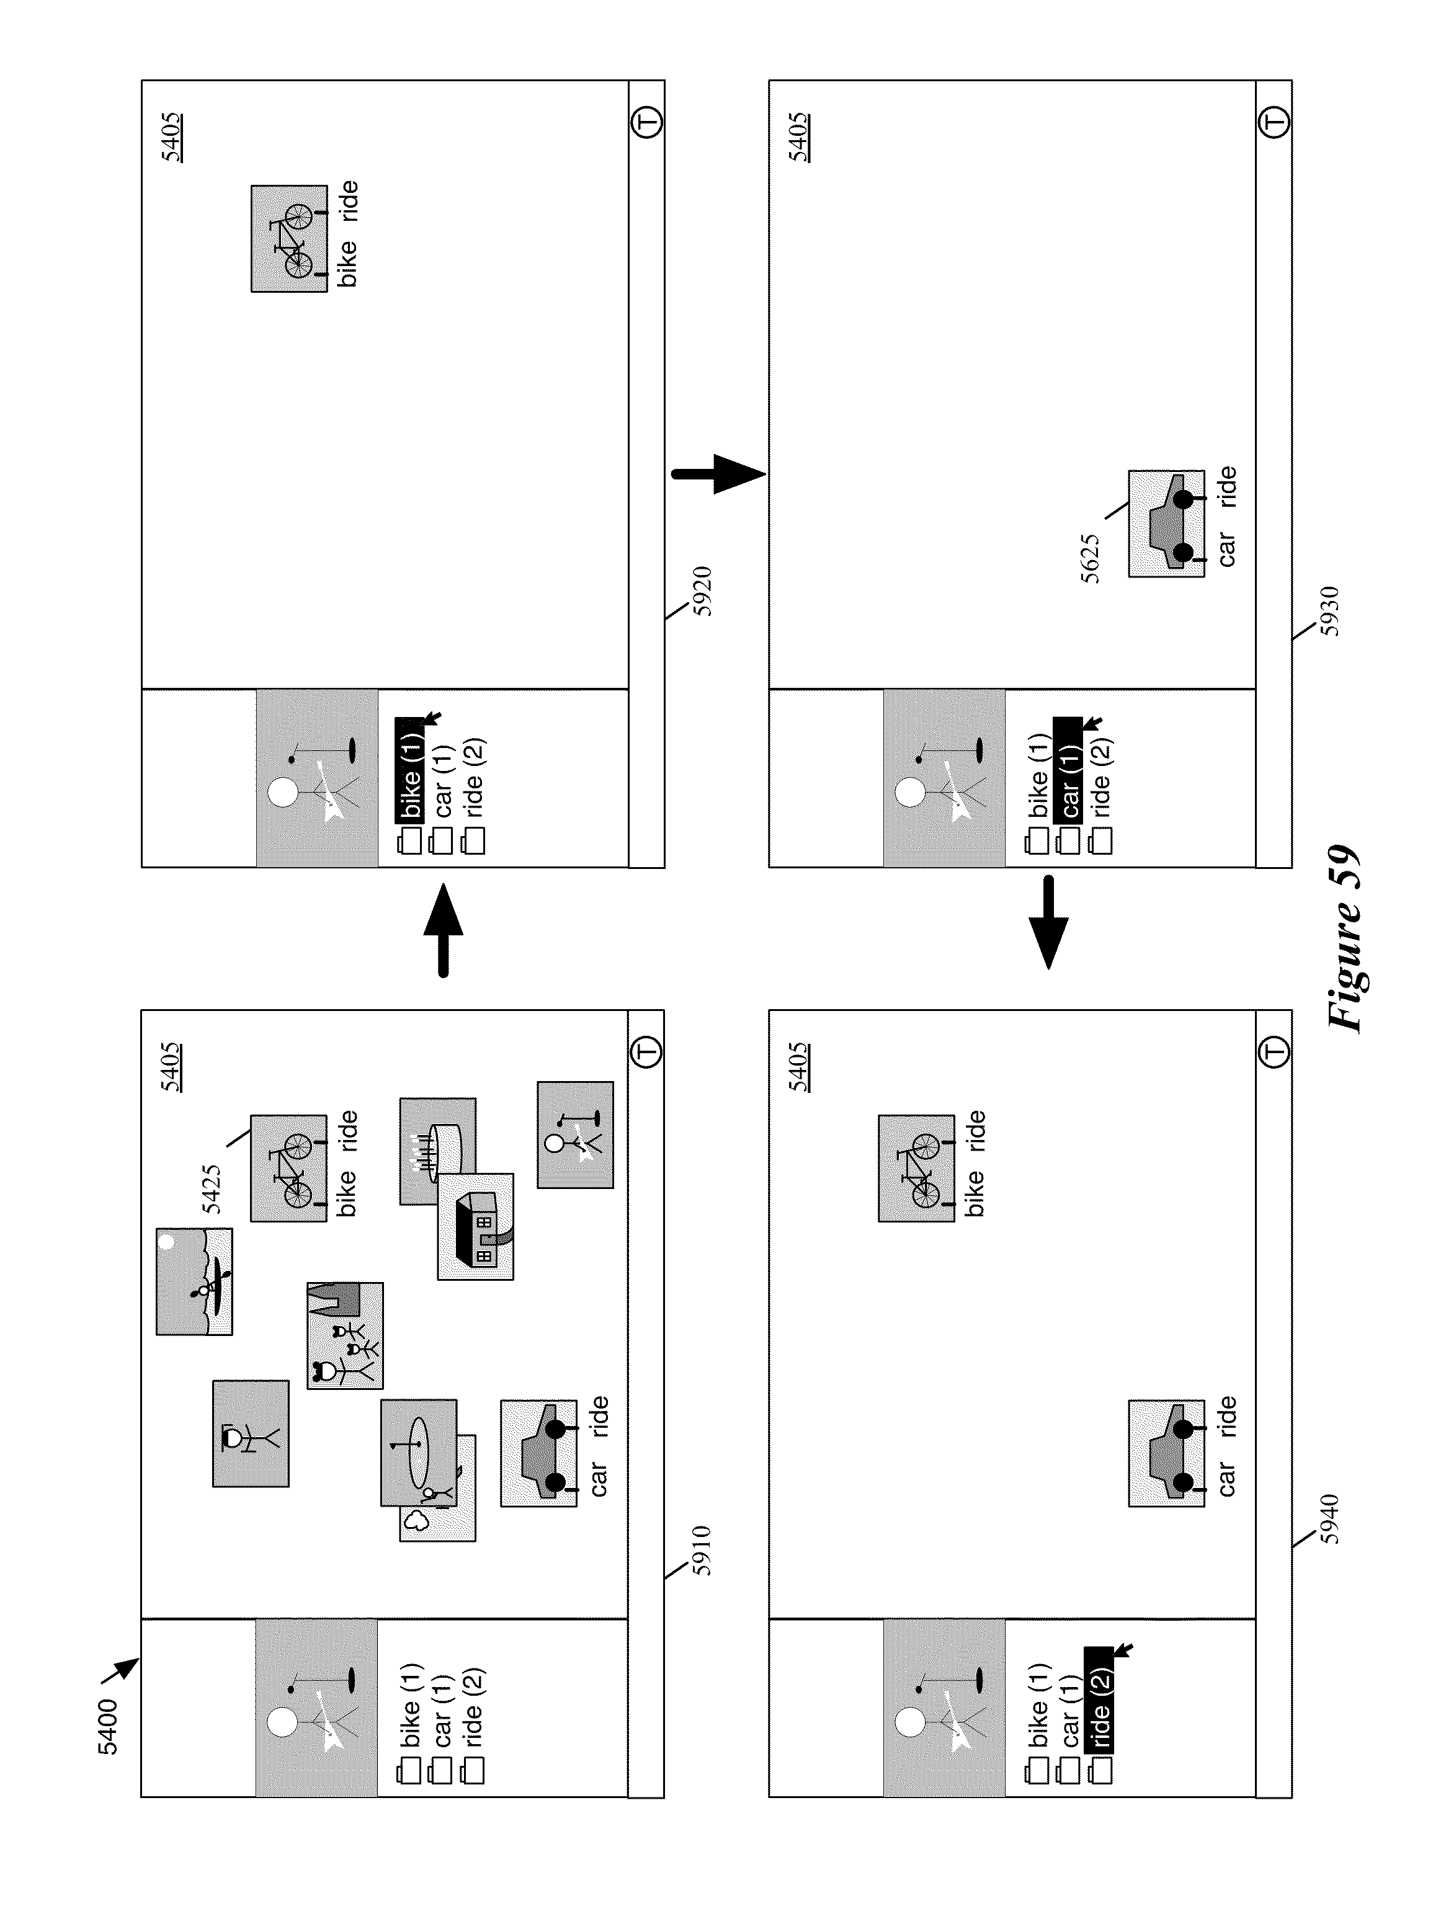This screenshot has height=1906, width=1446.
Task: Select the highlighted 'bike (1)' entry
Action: [x=410, y=768]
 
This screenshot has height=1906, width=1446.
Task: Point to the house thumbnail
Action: [x=476, y=1226]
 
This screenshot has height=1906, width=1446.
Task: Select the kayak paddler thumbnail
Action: [x=194, y=1281]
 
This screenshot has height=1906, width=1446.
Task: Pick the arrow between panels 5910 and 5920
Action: [x=443, y=930]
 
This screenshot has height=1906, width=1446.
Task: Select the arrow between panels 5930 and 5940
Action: [x=1049, y=922]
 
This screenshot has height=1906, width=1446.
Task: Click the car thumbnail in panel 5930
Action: [x=1167, y=524]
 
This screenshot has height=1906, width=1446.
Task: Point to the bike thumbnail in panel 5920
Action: [x=290, y=239]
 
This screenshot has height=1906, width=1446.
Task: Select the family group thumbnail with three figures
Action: [x=345, y=1335]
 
